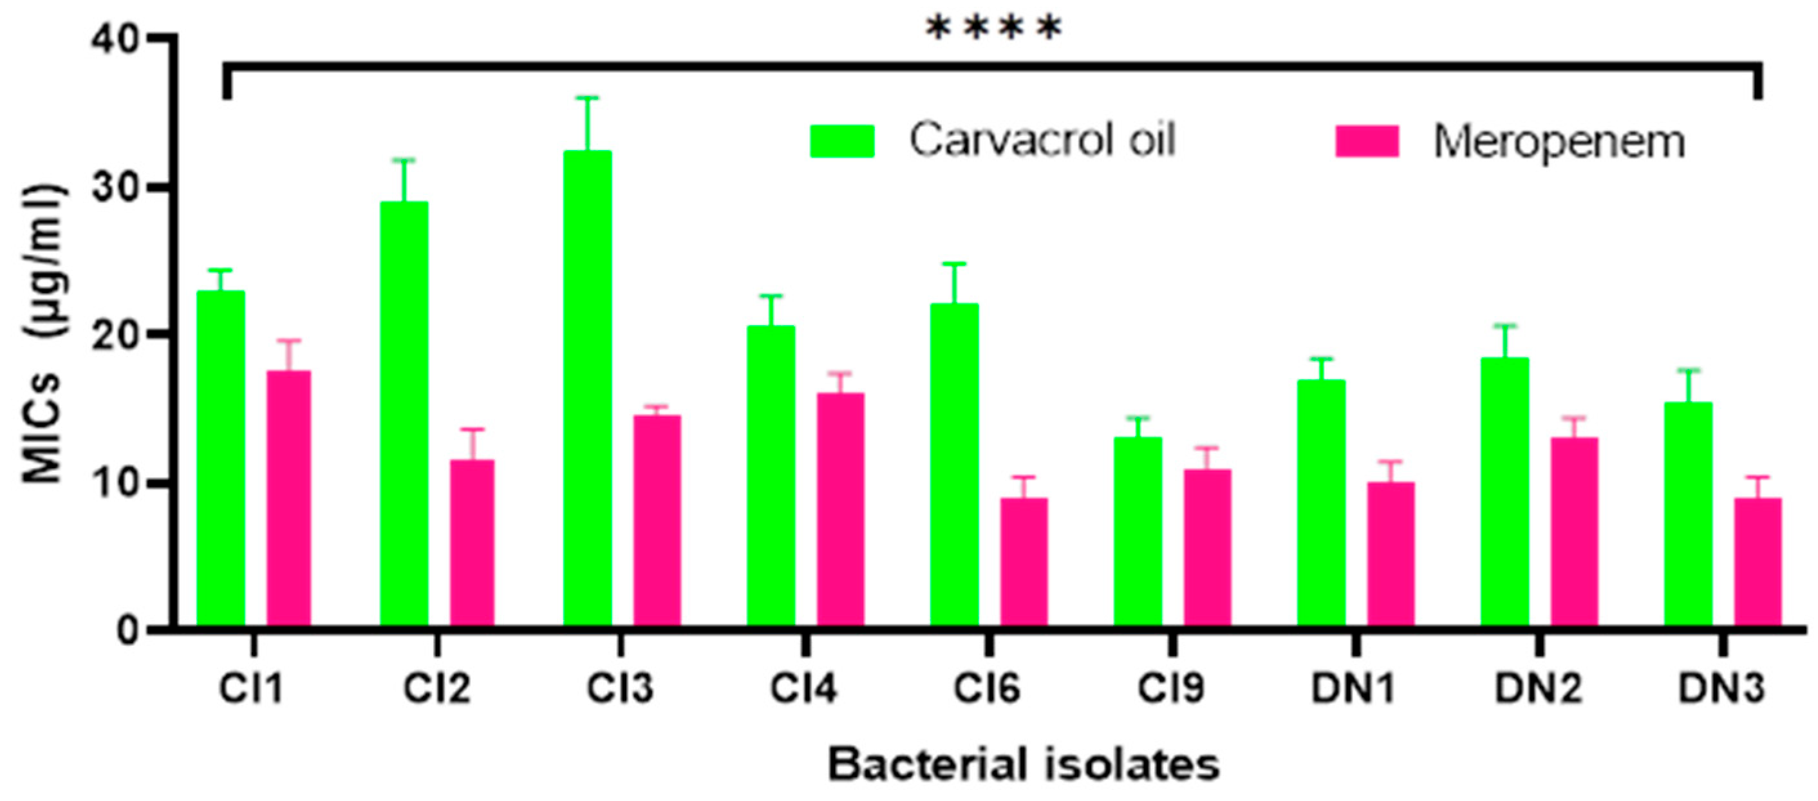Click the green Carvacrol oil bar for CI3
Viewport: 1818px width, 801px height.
click(587, 388)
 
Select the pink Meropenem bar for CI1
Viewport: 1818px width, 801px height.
click(288, 498)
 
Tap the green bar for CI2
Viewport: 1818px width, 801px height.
click(404, 413)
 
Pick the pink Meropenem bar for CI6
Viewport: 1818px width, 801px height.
click(1024, 561)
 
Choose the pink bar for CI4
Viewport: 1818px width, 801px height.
click(841, 508)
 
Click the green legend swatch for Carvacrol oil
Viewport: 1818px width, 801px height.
click(842, 140)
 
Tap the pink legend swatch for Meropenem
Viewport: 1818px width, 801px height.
click(1367, 141)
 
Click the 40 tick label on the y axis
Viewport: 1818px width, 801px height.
click(115, 39)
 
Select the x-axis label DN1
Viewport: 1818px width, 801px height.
click(1353, 688)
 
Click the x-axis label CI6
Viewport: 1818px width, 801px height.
click(987, 688)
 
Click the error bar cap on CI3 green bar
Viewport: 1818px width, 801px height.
click(587, 97)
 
